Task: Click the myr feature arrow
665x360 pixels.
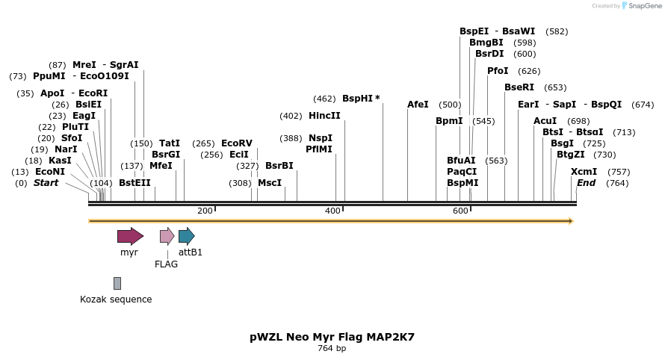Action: tap(130, 237)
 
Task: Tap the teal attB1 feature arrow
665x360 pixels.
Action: tap(186, 237)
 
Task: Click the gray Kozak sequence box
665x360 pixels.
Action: tap(117, 283)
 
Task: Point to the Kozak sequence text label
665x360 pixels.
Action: tap(116, 300)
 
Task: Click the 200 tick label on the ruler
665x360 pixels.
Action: tap(205, 211)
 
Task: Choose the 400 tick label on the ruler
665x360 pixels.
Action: tap(333, 211)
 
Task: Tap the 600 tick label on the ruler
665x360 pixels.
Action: tap(460, 211)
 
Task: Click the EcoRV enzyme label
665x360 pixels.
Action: tap(236, 143)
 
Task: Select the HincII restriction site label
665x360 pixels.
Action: tap(324, 116)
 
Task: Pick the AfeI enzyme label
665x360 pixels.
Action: tap(418, 105)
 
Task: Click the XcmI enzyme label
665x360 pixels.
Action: tap(584, 172)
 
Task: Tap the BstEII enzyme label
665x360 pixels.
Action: tap(134, 183)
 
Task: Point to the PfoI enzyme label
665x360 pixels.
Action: tap(498, 71)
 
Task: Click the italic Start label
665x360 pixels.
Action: tap(46, 183)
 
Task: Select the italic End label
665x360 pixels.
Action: tap(586, 183)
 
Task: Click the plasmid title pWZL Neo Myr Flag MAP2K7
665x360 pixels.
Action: tap(332, 337)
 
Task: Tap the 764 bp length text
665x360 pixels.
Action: tap(332, 348)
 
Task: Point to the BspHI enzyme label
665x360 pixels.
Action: tap(360, 99)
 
